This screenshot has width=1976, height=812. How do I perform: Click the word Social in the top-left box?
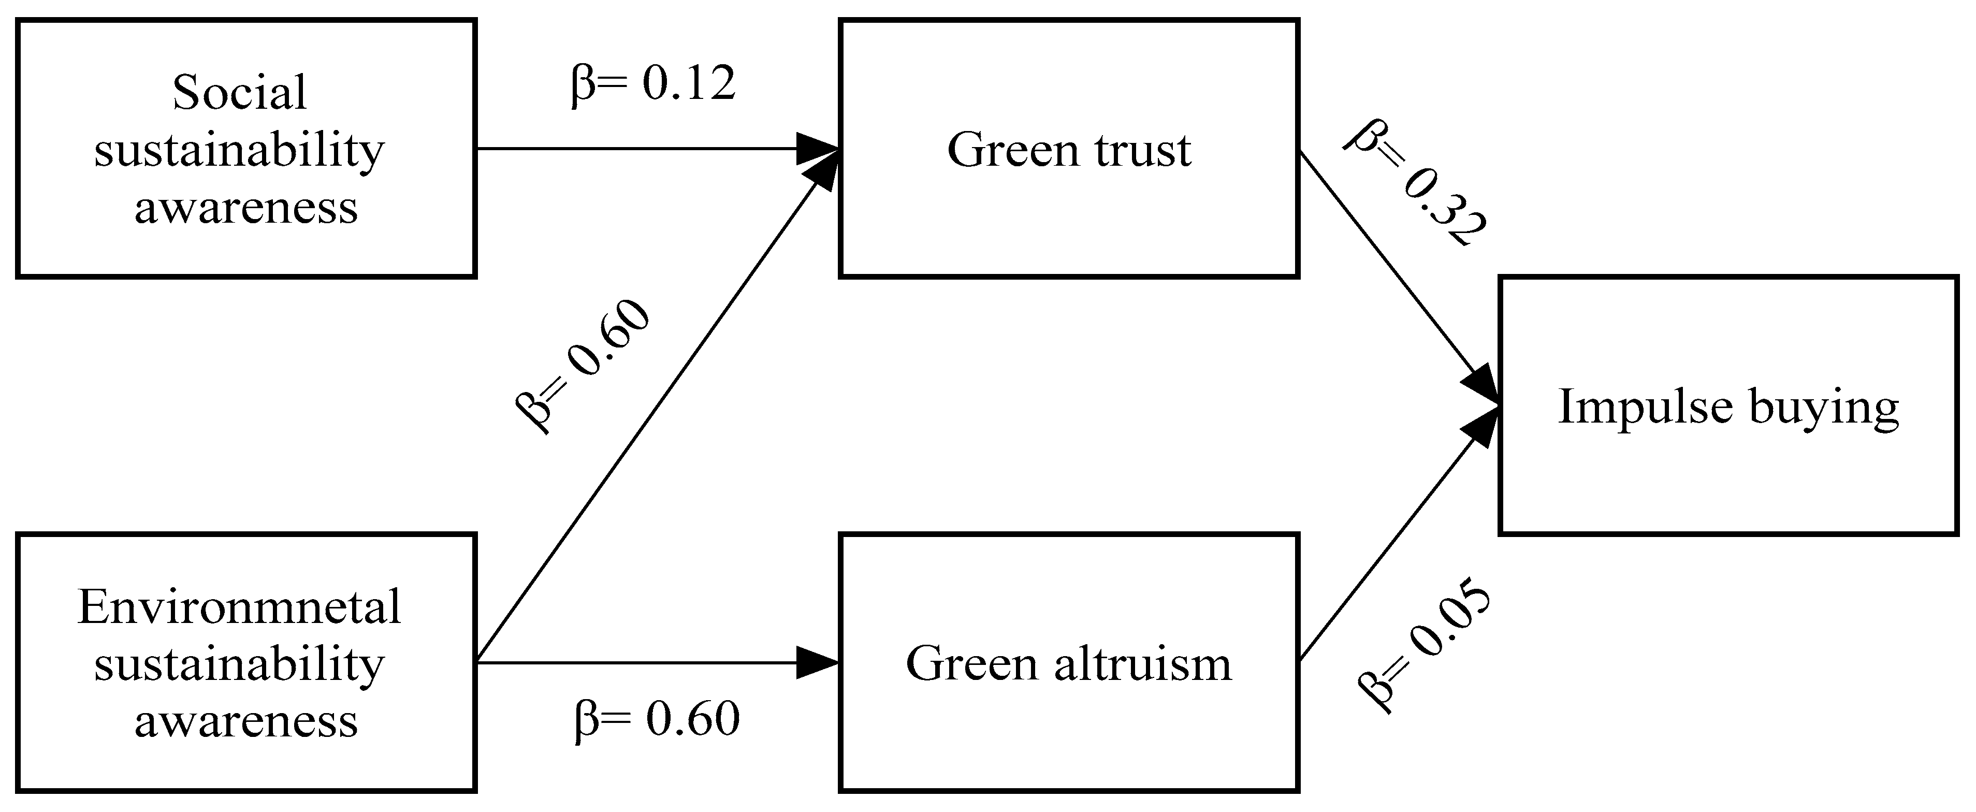[x=239, y=92]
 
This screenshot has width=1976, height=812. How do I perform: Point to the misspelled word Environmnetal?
[x=239, y=607]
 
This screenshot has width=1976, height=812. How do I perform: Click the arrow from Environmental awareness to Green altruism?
[x=637, y=663]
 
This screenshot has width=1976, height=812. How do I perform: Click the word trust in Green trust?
[x=1143, y=149]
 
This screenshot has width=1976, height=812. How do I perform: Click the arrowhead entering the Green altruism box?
[x=818, y=663]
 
